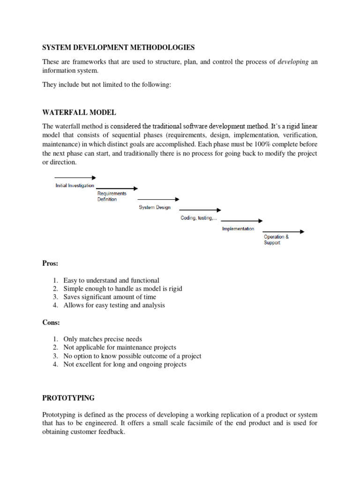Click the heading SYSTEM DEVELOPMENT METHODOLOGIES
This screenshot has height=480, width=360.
(118, 47)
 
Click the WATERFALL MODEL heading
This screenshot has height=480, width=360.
(79, 112)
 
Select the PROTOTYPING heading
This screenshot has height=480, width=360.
(68, 398)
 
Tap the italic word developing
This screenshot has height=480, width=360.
(293, 62)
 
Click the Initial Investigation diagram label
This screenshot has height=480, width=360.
(75, 186)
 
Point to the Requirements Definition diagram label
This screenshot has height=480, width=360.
(112, 196)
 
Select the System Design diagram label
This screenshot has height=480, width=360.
(155, 207)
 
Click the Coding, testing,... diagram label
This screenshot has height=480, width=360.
(199, 218)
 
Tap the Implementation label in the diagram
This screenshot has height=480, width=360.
(238, 229)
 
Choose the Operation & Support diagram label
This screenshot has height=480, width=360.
(276, 240)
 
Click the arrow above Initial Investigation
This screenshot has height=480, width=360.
(75, 178)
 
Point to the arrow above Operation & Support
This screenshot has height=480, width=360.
(284, 232)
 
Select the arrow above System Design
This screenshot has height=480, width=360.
(158, 199)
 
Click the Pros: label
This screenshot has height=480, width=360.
(51, 263)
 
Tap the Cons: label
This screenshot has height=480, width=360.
(51, 322)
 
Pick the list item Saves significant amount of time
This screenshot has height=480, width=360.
(110, 297)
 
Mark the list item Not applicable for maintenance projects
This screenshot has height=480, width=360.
(120, 347)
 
